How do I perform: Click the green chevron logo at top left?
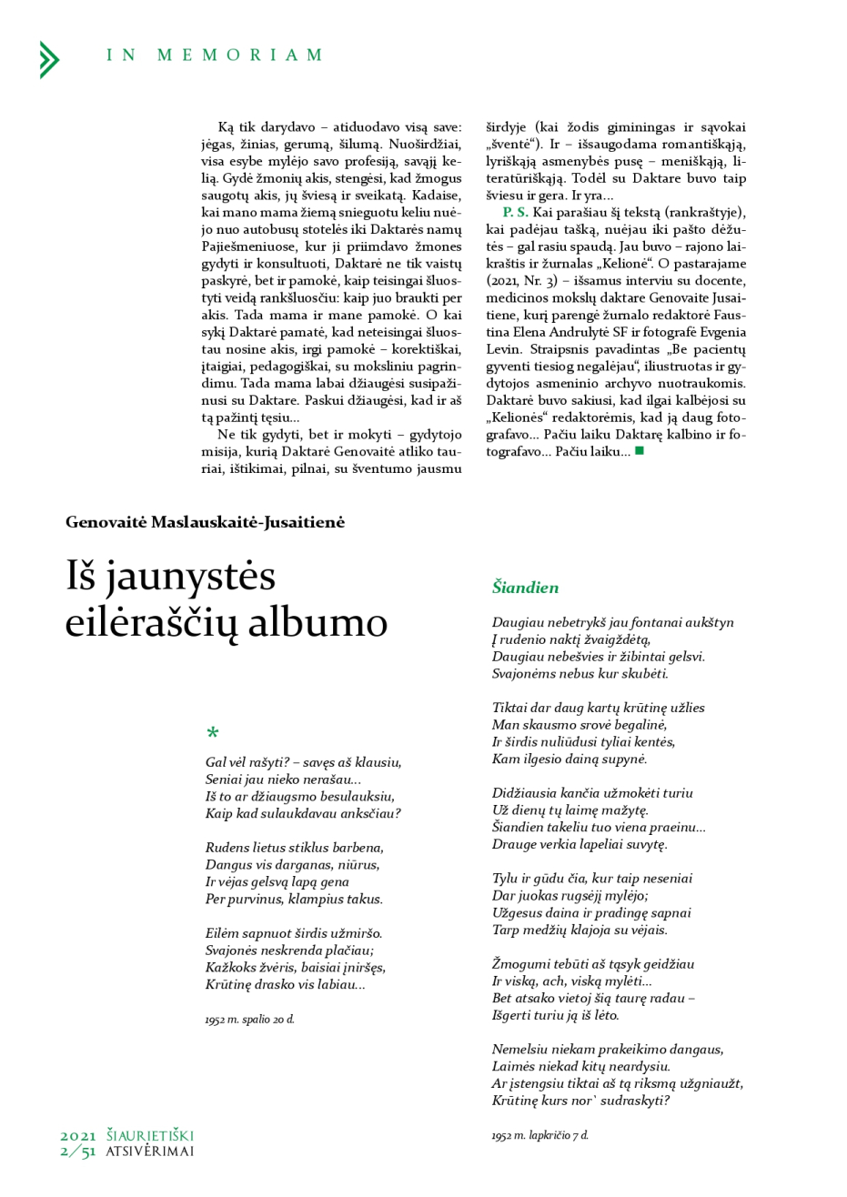[49, 59]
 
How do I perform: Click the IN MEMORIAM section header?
[214, 55]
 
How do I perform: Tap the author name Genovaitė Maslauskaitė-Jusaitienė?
[205, 522]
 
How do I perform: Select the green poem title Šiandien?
[525, 588]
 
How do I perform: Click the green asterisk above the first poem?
[213, 733]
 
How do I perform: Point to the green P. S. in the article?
[515, 212]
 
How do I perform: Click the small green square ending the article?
[640, 451]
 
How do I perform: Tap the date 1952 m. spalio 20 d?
[249, 1020]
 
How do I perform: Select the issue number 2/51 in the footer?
[77, 1152]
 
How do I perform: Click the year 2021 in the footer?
[78, 1135]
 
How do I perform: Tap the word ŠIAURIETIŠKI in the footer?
[150, 1135]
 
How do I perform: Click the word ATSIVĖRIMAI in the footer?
[150, 1152]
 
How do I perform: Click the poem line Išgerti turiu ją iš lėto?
[555, 1015]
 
